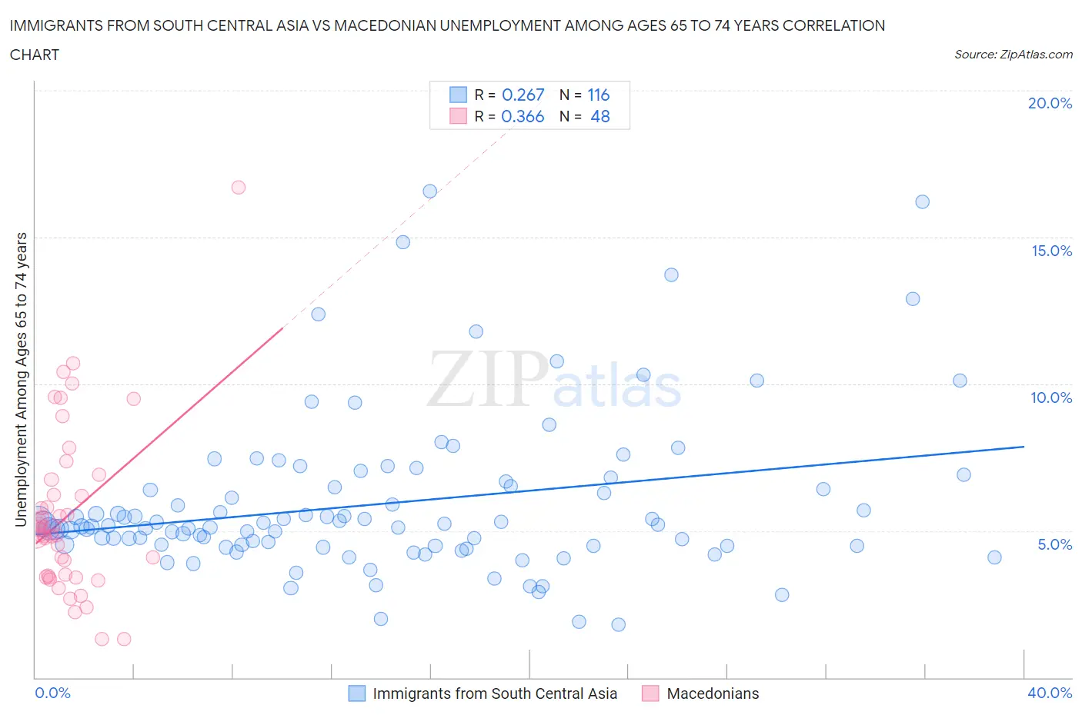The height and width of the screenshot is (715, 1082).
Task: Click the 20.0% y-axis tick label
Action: pos(1050,103)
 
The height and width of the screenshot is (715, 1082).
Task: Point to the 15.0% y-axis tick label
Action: pos(1051,251)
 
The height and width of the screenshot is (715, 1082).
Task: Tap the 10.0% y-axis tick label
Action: pos(1051,397)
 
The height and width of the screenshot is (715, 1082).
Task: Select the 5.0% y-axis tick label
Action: pos(1054,544)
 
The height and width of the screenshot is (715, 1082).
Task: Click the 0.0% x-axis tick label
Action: pos(52,693)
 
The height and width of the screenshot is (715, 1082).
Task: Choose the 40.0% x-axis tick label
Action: pos(1050,693)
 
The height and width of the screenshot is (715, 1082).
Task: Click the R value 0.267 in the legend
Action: pos(523,95)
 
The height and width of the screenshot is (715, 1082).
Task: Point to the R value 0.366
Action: pos(523,116)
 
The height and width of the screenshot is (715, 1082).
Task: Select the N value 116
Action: pos(598,95)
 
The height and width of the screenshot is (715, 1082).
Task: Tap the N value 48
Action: pos(599,116)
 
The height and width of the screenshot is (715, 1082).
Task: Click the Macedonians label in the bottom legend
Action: pos(713,693)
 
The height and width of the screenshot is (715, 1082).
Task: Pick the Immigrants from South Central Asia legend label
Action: pos(495,693)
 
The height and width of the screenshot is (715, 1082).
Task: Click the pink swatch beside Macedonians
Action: pos(650,693)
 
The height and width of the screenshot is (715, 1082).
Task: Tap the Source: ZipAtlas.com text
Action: pos(1013,55)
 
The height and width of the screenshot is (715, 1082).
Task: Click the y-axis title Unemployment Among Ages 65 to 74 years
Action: pos(21,380)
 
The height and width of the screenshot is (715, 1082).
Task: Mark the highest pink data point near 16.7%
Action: pos(239,187)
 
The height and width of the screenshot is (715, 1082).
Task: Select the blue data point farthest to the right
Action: pos(994,557)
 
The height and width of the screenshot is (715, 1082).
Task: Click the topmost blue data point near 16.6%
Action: pos(430,191)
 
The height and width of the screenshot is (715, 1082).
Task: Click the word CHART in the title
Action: pos(35,55)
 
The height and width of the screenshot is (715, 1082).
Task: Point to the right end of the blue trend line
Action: pos(1024,447)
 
